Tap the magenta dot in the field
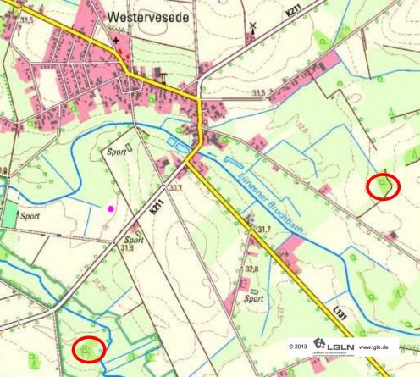pos(109,207)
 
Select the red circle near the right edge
pos(383,186)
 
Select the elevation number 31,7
pos(264,230)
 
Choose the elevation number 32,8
pos(251,269)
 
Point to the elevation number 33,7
pos(176,188)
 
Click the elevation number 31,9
pos(128,249)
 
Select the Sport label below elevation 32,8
pos(253,298)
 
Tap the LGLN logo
pos(331,346)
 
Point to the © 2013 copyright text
pos(299,347)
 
